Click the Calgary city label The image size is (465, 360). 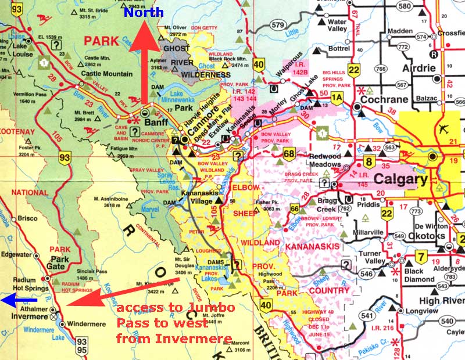400,179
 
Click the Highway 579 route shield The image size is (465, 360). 278,25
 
